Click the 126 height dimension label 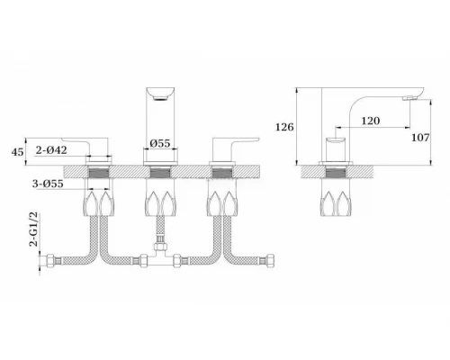point(284,127)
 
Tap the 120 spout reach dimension point(371,121)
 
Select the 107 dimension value point(420,138)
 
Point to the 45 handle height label point(17,152)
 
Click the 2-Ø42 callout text point(51,149)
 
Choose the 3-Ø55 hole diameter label point(48,184)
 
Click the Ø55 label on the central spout point(160,143)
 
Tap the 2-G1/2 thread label point(34,229)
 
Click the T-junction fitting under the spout point(161,254)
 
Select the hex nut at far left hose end point(50,260)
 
